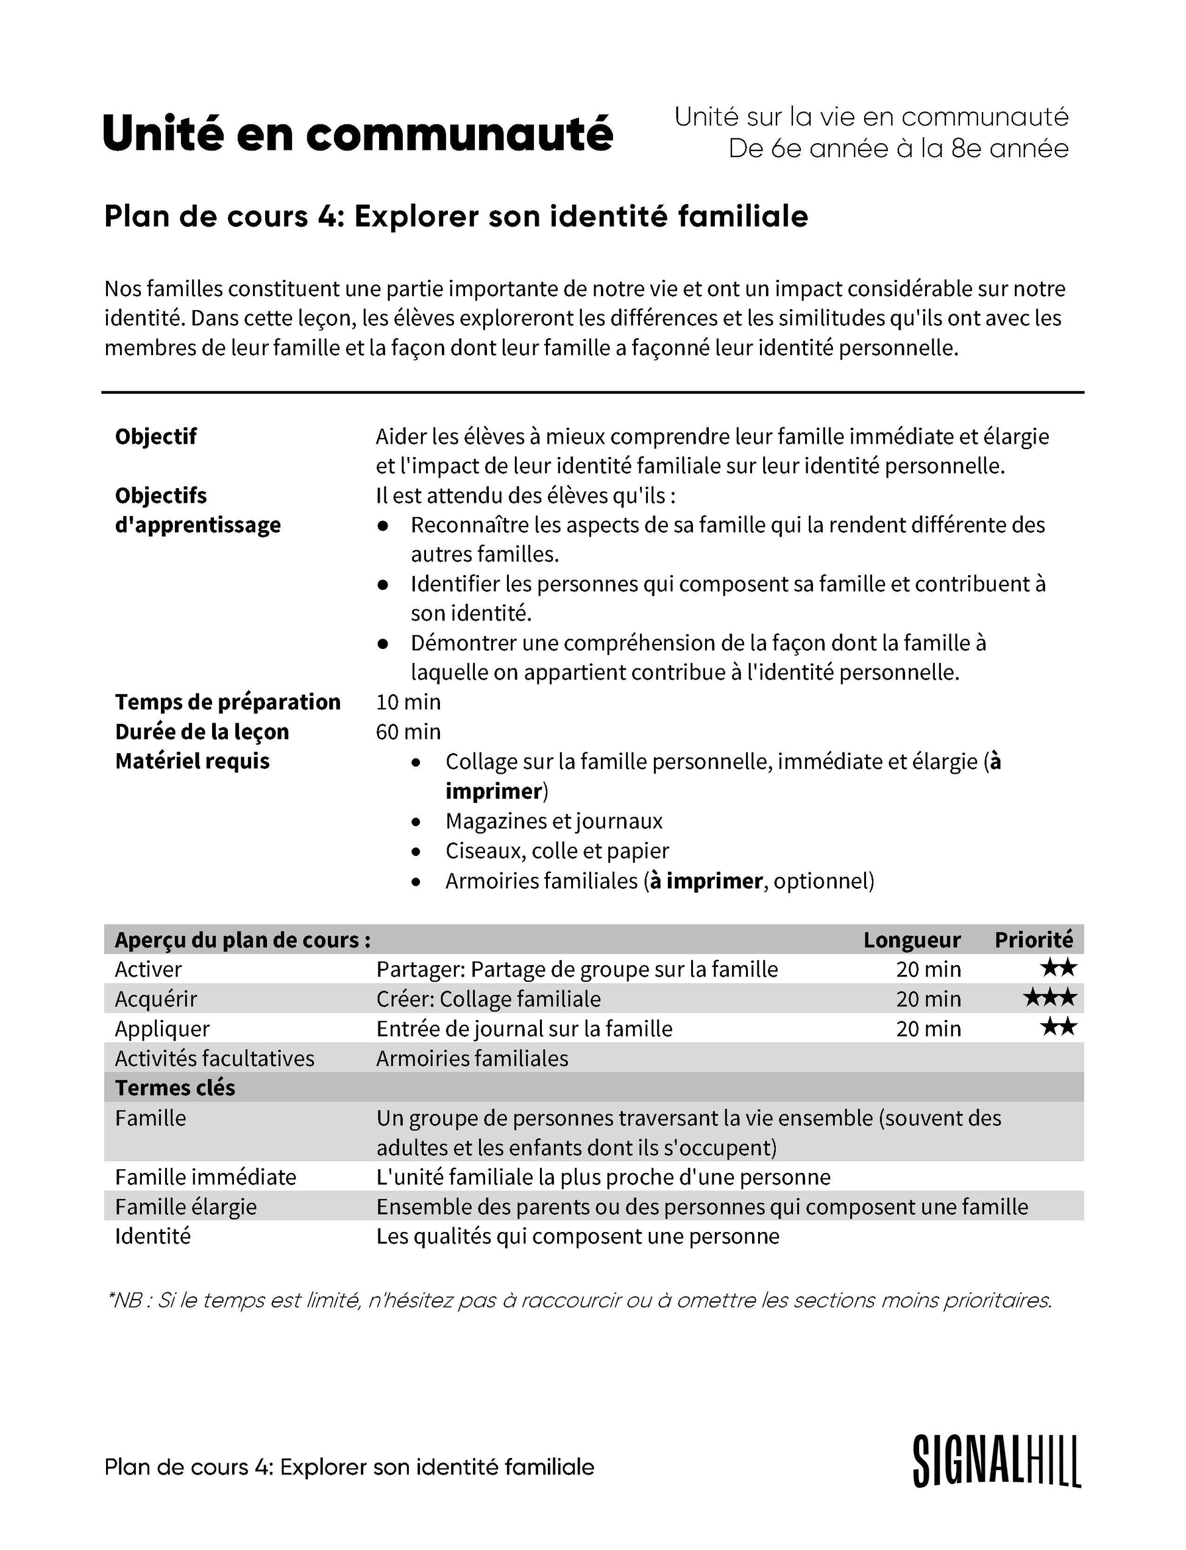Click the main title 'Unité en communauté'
(x=358, y=133)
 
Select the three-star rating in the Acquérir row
(x=1049, y=997)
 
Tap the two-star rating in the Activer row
(x=1057, y=968)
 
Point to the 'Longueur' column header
(x=911, y=940)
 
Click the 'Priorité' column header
(x=1034, y=940)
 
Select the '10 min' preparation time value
(x=408, y=702)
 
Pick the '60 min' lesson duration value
(x=408, y=731)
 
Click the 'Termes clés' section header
(x=175, y=1088)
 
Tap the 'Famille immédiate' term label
(x=205, y=1177)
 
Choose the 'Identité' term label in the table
(x=152, y=1236)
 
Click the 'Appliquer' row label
(x=162, y=1028)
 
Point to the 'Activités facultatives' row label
(x=215, y=1058)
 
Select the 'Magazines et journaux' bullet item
(x=553, y=821)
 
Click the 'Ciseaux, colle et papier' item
(x=556, y=851)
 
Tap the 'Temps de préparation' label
(x=227, y=702)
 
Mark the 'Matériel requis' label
(x=192, y=761)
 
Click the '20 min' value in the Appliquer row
(x=928, y=1028)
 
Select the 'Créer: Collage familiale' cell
(x=489, y=999)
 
